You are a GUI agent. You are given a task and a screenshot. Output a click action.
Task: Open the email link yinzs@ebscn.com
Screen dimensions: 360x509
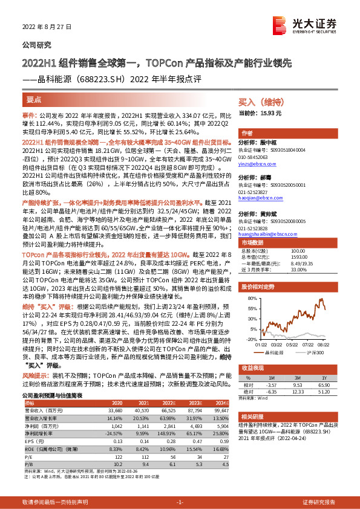(x=259, y=164)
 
